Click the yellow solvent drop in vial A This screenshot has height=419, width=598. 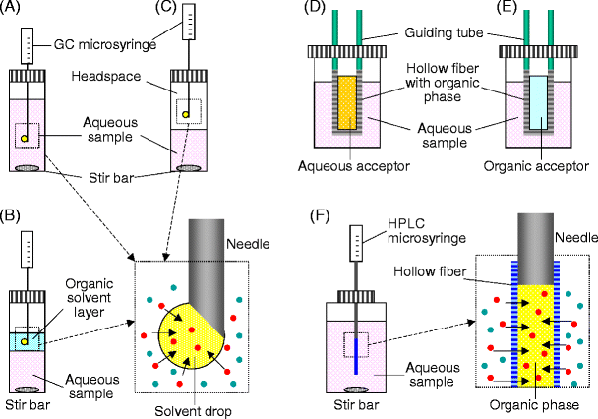[26, 138]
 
